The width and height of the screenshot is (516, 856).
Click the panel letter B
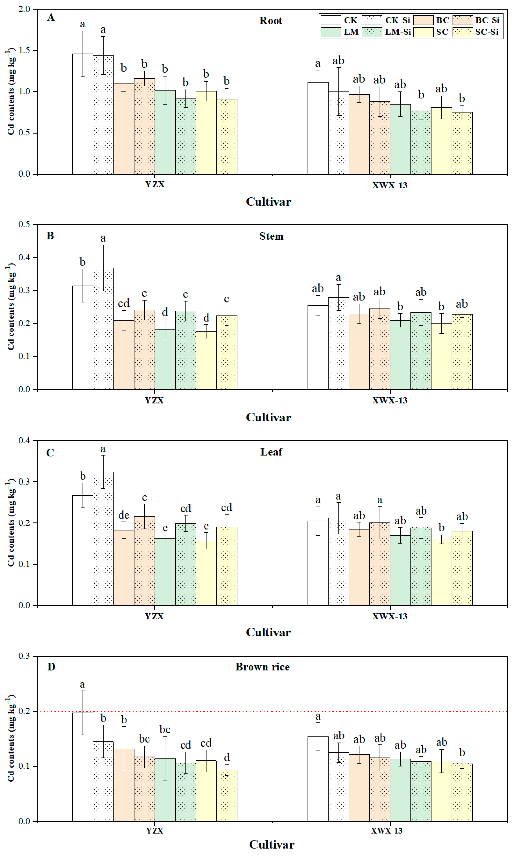[x=50, y=236]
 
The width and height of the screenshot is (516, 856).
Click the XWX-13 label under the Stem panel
[x=390, y=401]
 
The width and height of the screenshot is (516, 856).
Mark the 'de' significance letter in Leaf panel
[x=124, y=515]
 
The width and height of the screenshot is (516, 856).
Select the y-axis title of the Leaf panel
[x=11, y=523]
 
